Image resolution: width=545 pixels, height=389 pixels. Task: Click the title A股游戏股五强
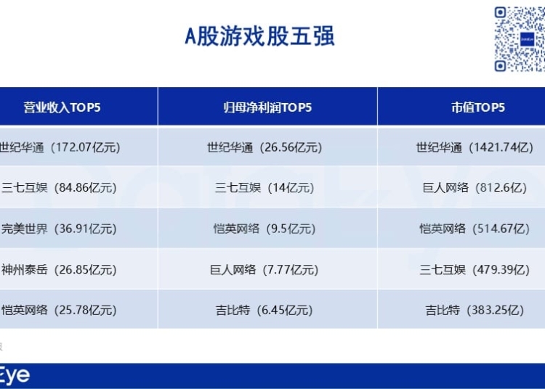[259, 36]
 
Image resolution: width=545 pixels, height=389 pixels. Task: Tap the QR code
[520, 39]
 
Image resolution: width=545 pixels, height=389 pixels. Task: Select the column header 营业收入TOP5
[62, 107]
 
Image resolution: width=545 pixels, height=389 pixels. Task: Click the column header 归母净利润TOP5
[267, 107]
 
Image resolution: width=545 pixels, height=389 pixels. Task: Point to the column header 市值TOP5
[478, 107]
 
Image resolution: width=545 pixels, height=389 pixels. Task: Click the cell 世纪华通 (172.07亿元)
[60, 147]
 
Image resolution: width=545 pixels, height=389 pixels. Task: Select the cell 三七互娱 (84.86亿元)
[59, 188]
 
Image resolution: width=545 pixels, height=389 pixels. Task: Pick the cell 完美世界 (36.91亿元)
[59, 229]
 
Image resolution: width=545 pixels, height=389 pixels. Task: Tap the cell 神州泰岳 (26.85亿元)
[59, 270]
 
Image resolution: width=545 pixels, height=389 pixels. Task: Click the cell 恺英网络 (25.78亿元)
[59, 310]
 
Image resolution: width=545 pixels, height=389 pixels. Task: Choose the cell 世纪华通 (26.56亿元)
[265, 147]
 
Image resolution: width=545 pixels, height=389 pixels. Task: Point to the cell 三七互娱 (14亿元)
[265, 188]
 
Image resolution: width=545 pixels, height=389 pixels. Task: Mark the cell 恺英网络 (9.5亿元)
[265, 229]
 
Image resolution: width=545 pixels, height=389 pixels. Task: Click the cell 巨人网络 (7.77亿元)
[265, 270]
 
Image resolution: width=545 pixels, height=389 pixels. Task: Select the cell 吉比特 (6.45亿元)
[265, 310]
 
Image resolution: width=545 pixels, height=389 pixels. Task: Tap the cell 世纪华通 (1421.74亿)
[475, 147]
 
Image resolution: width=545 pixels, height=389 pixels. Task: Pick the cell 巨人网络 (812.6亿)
[475, 188]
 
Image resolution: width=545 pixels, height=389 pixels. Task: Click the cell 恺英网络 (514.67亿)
[475, 229]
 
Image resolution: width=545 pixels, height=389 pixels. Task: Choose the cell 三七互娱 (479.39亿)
[475, 270]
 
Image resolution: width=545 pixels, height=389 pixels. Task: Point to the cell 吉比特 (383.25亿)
[475, 310]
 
